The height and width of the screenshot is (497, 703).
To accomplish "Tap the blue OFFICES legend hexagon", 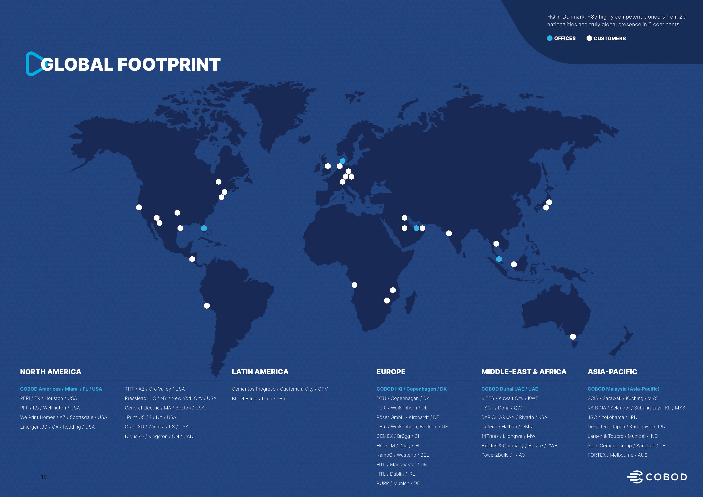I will (550, 38).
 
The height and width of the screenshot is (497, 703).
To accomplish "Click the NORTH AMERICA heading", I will (51, 372).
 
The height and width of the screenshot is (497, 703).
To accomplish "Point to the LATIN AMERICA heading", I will (260, 372).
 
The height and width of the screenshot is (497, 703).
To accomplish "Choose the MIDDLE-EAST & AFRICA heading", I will (524, 372).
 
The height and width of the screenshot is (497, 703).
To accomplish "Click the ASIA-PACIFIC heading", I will (612, 372).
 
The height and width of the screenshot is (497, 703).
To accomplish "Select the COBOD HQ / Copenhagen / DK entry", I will (411, 389).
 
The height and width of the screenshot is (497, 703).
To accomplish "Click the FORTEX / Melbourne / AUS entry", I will (617, 455).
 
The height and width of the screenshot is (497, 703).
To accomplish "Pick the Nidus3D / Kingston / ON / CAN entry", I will (159, 436).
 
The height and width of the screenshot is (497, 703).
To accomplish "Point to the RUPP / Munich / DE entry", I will (398, 483).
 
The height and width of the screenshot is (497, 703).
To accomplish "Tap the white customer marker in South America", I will (207, 305).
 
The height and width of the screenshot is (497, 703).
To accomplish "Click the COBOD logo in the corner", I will (657, 477).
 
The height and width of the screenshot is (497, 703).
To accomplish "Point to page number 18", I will (44, 477).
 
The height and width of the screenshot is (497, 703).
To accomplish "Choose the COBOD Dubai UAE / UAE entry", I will (509, 389).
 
